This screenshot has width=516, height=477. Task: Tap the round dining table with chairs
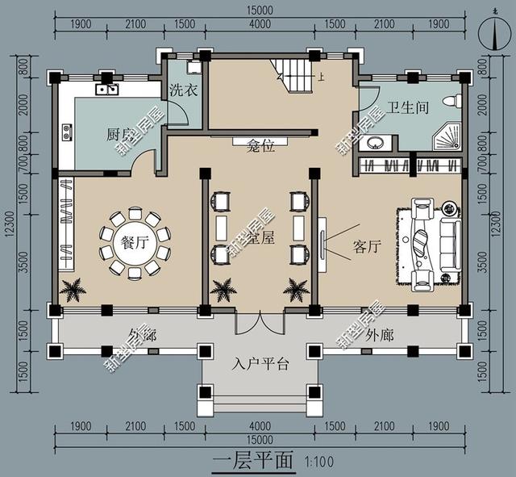tap(135, 245)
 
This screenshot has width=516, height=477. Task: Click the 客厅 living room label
tap(366, 247)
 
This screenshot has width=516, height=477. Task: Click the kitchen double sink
tap(107, 88)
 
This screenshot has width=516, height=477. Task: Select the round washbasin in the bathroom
tap(375, 144)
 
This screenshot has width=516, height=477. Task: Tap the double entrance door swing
tap(258, 323)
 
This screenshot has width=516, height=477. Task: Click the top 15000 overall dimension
tap(260, 10)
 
